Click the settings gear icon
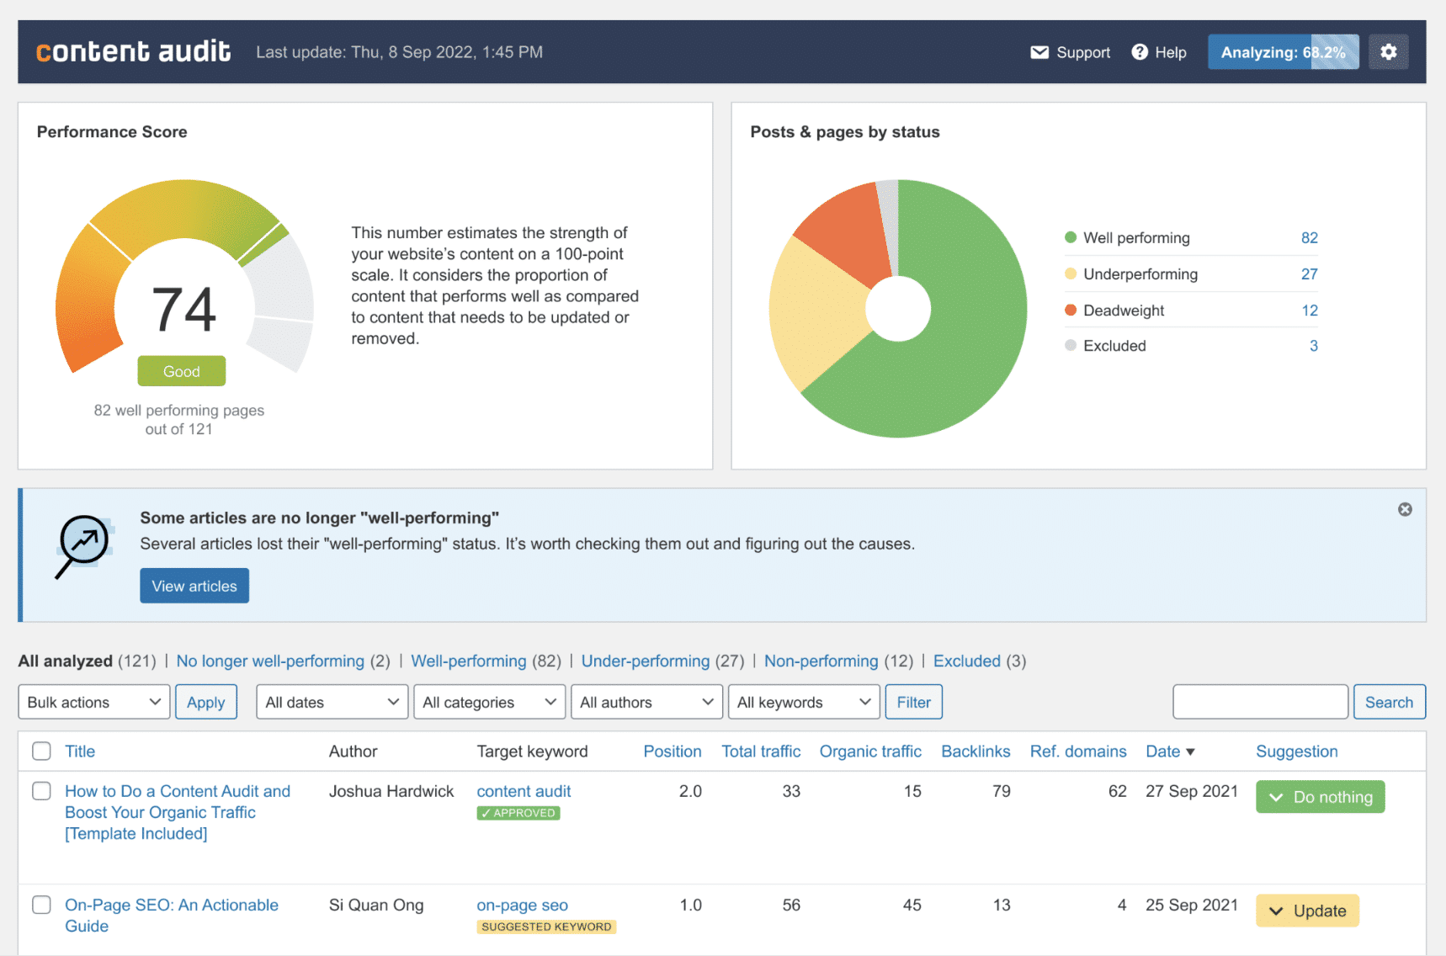1388,52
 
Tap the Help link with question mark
1159,52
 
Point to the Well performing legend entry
1127,238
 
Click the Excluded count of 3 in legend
1313,346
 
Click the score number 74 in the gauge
183,309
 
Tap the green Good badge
182,371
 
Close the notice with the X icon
1405,509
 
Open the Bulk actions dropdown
94,702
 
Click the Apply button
206,702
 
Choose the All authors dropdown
646,702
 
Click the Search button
1389,702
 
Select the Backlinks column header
976,752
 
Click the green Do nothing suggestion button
1320,797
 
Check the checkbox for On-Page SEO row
41,905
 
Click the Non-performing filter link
821,661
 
